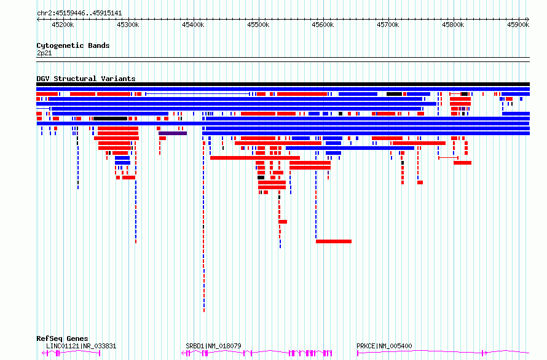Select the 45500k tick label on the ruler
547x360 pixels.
pyautogui.click(x=258, y=25)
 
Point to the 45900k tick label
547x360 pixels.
pyautogui.click(x=517, y=25)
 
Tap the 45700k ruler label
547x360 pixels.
pyautogui.click(x=388, y=25)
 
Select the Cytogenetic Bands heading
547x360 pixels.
pyautogui.click(x=73, y=45)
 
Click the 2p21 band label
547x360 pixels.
pyautogui.click(x=44, y=53)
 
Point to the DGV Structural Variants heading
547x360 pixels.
pyautogui.click(x=85, y=79)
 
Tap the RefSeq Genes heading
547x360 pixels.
pyautogui.click(x=62, y=338)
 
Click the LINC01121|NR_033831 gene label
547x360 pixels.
pyautogui.click(x=81, y=346)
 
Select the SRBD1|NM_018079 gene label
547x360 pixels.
pyautogui.click(x=213, y=346)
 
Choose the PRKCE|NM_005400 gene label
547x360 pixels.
pyautogui.click(x=384, y=346)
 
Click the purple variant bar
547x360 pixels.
pyautogui.click(x=173, y=133)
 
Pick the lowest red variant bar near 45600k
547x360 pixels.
pyautogui.click(x=334, y=241)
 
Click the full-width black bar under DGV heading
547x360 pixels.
pyautogui.click(x=283, y=84)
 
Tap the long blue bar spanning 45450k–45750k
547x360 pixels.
pyautogui.click(x=350, y=148)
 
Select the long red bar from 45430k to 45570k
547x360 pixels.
pyautogui.click(x=254, y=158)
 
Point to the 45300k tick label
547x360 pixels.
pyautogui.click(x=127, y=25)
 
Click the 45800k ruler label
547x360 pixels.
pyautogui.click(x=453, y=25)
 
